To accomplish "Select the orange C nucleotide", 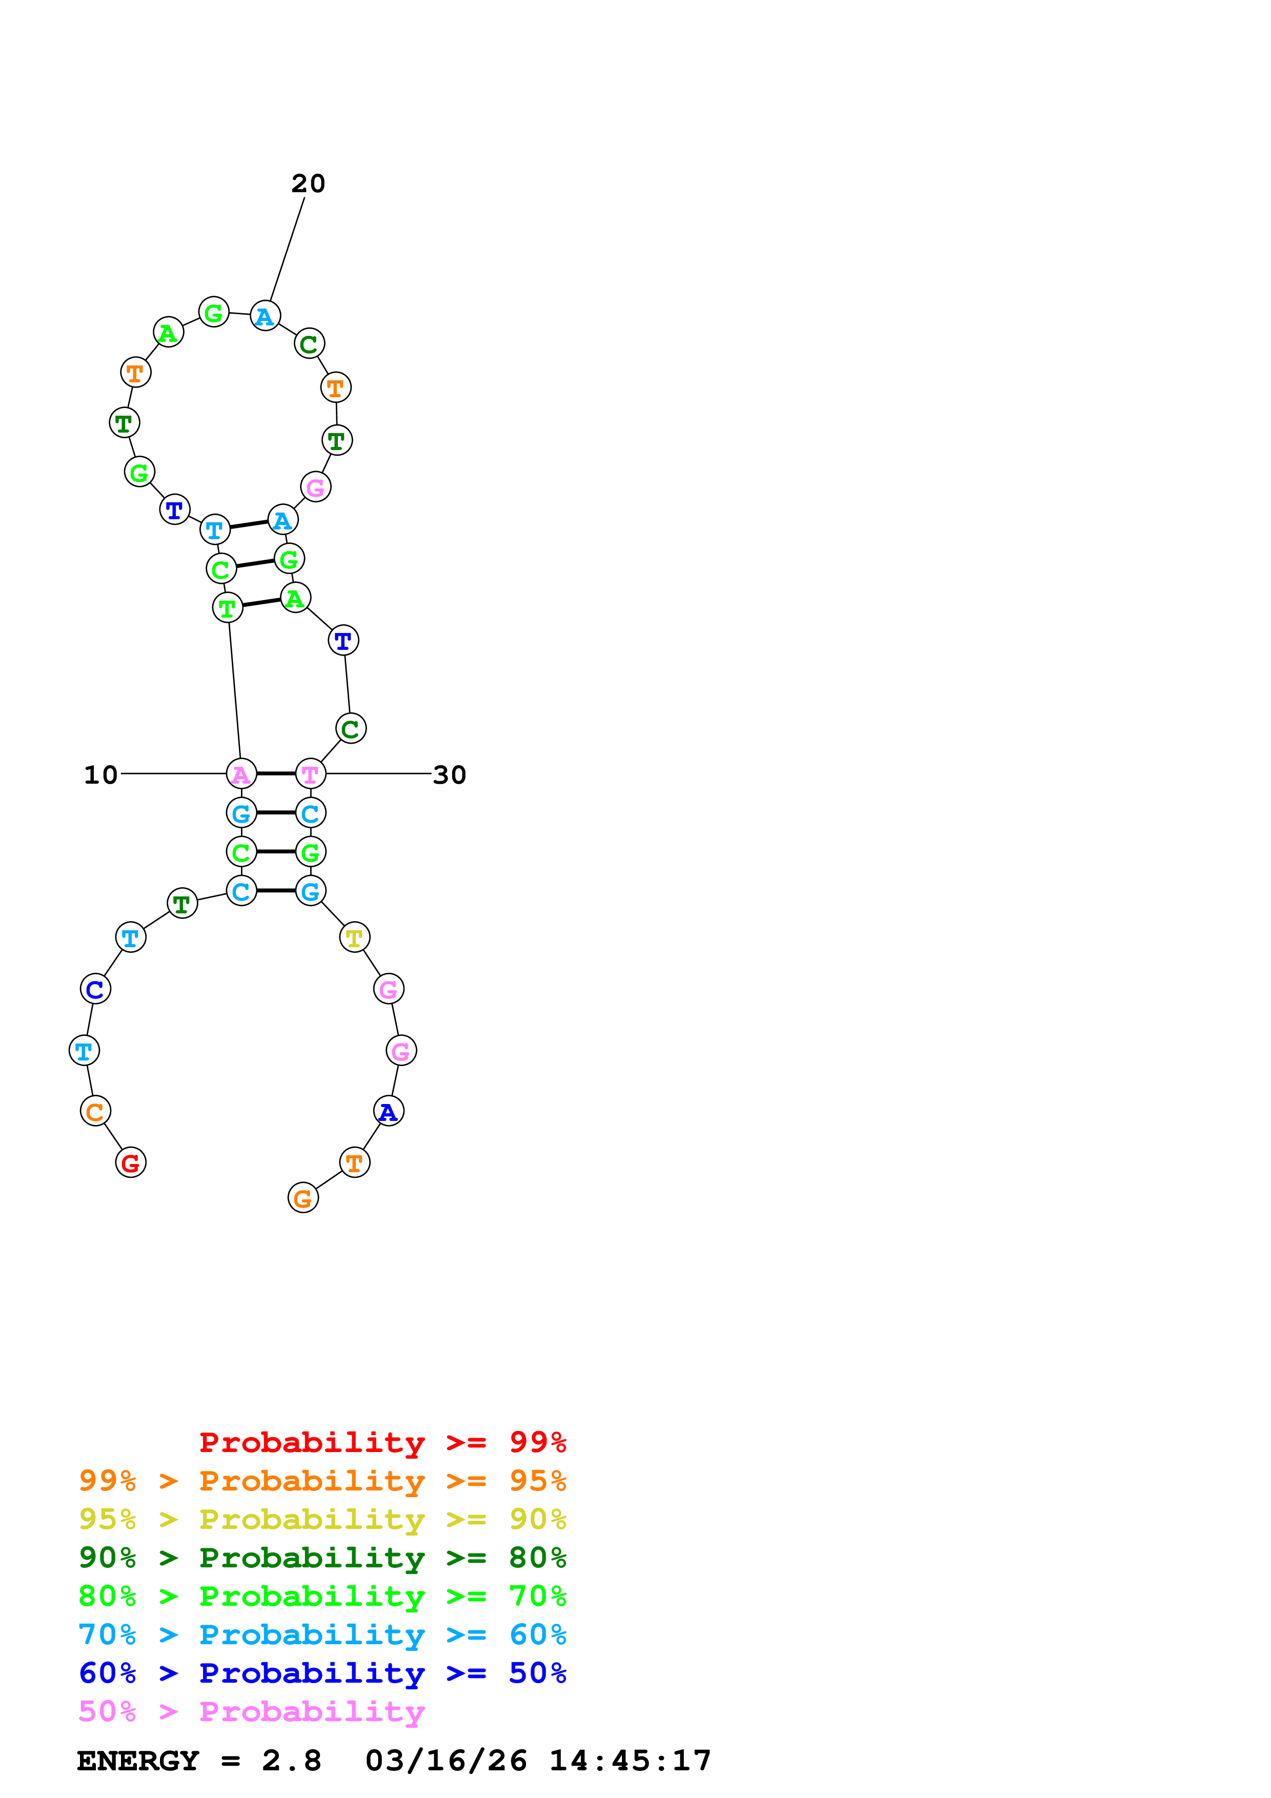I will (x=95, y=1111).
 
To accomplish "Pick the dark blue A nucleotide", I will (x=389, y=1111).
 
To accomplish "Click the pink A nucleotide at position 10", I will (x=241, y=774).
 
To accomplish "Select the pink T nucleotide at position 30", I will (x=311, y=774).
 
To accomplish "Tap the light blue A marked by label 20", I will (x=266, y=316).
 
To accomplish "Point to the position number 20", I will (x=308, y=183).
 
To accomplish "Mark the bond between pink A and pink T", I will (x=276, y=774).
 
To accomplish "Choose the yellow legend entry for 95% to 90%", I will (x=322, y=1519).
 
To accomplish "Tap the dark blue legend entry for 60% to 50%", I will (x=322, y=1673).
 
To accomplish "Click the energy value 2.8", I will (x=291, y=1761).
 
